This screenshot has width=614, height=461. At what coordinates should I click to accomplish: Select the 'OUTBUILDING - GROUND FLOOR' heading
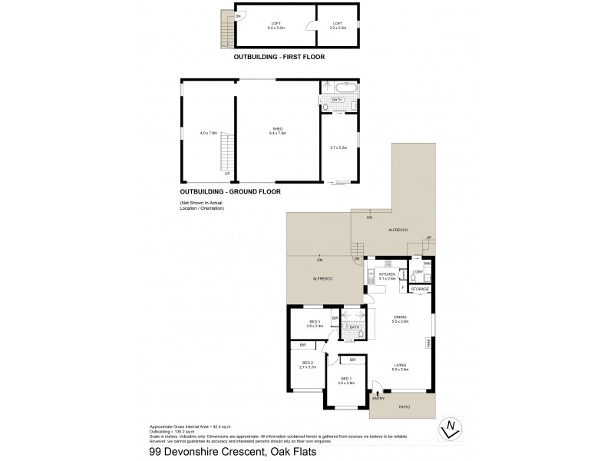click(230, 191)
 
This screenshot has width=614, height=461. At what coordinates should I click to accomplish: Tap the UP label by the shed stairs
click(226, 174)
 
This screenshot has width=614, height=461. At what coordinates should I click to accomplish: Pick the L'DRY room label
click(418, 271)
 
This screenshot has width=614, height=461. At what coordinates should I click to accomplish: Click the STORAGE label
click(419, 289)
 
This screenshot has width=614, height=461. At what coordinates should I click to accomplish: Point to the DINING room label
click(400, 318)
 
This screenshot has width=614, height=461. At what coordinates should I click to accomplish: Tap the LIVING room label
click(399, 366)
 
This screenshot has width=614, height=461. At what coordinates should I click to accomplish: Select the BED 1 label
click(346, 380)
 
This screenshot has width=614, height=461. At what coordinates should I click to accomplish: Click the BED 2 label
click(307, 364)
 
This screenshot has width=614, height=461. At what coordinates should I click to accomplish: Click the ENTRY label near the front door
click(378, 398)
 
